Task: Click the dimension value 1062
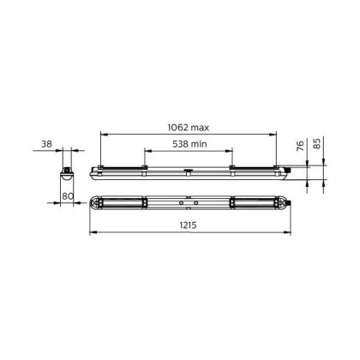(178, 127)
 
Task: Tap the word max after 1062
(200, 128)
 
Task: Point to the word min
(199, 144)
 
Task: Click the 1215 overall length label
(189, 225)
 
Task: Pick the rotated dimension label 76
(300, 146)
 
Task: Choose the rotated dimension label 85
(317, 143)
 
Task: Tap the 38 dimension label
(46, 144)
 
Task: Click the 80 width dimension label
(68, 196)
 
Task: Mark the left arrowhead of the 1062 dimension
(103, 133)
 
